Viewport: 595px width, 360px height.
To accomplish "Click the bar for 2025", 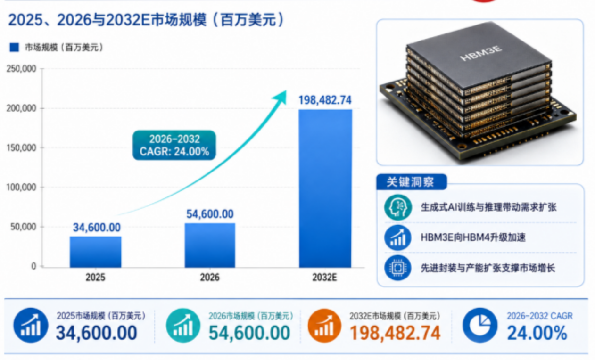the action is tap(96, 252).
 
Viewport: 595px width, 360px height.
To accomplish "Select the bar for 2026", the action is tap(210, 245).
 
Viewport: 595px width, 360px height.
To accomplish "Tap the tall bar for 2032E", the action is tap(325, 188).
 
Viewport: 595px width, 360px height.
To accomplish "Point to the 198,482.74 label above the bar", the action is tap(325, 100).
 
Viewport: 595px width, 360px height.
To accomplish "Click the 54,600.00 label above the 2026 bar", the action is tap(210, 214).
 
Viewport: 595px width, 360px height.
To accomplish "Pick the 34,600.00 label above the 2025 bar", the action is tap(97, 228).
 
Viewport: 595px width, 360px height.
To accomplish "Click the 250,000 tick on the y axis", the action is tap(21, 69).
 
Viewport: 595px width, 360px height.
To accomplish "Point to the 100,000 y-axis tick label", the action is tap(21, 187).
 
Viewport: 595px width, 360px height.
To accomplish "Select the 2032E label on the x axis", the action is tap(324, 278).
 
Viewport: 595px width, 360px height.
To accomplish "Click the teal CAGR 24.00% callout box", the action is tap(174, 145).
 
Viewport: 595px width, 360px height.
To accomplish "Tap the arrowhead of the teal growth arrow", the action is tap(281, 97).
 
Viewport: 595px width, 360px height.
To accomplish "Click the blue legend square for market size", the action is tap(14, 48).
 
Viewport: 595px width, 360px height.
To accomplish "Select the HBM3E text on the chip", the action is tap(481, 53).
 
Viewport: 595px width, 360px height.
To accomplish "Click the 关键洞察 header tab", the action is tap(412, 182).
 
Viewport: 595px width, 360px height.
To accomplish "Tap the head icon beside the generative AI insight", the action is tap(398, 207).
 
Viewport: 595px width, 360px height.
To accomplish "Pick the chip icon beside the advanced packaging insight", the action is tap(397, 268).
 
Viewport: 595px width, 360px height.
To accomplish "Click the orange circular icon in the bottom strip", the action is tap(324, 326).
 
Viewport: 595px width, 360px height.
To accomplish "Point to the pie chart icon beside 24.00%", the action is tap(479, 325).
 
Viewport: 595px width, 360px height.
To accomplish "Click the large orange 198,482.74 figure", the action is tap(395, 333).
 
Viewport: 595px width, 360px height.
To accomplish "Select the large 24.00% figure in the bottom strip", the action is tap(537, 333).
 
